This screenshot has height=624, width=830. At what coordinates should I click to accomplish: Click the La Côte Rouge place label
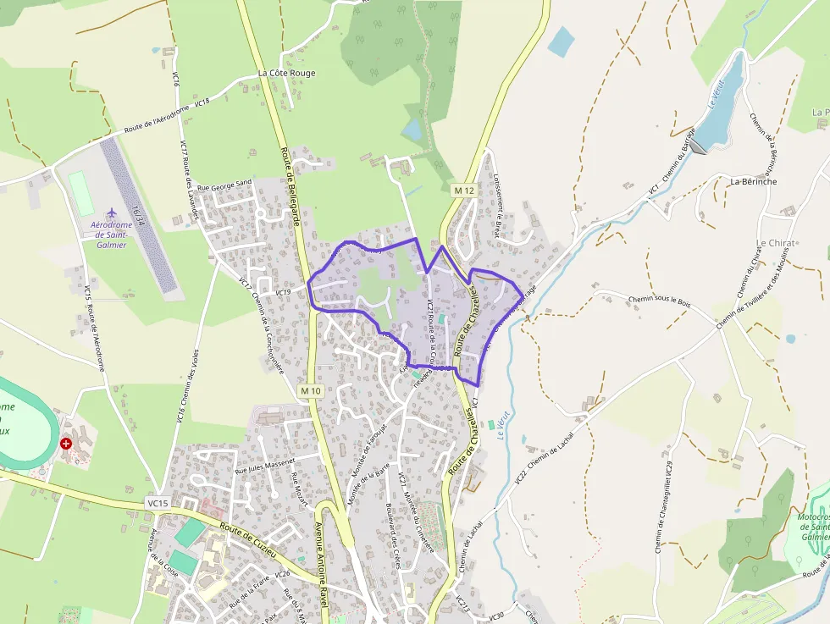pos(286,74)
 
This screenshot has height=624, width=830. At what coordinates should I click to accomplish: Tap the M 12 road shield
pos(463,191)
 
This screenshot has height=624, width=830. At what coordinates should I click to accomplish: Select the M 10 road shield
pos(311,391)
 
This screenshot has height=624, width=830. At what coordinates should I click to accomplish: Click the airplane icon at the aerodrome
pos(111,212)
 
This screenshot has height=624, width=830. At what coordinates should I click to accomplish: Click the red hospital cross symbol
pos(66,443)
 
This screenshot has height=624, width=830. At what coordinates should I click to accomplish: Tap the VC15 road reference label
pos(158,503)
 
